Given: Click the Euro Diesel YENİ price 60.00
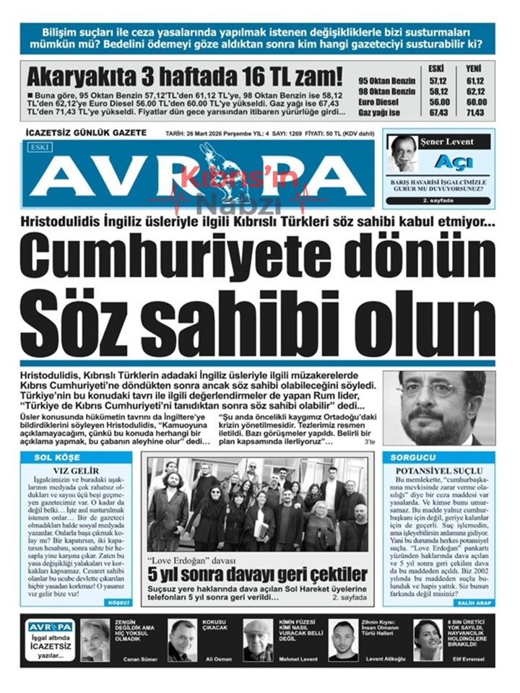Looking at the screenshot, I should pyautogui.click(x=474, y=102).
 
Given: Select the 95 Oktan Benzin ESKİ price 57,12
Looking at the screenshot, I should pyautogui.click(x=438, y=81).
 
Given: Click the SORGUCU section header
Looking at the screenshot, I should pyautogui.click(x=413, y=458).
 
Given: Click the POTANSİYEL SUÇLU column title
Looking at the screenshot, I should pyautogui.click(x=440, y=469).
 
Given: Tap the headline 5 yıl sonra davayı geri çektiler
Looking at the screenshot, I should pyautogui.click(x=257, y=575).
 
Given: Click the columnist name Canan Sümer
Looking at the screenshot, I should pyautogui.click(x=140, y=659).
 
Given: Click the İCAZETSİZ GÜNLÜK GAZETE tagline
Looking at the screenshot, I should pyautogui.click(x=86, y=134).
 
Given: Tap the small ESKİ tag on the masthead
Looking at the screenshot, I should pyautogui.click(x=36, y=147).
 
